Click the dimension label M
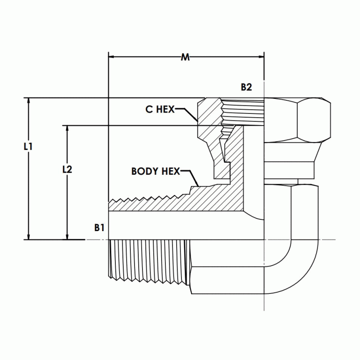186,58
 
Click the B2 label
247,87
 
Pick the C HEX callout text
160,109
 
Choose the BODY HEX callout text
155,171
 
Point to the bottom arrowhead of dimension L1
29,236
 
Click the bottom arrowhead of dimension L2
67,236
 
